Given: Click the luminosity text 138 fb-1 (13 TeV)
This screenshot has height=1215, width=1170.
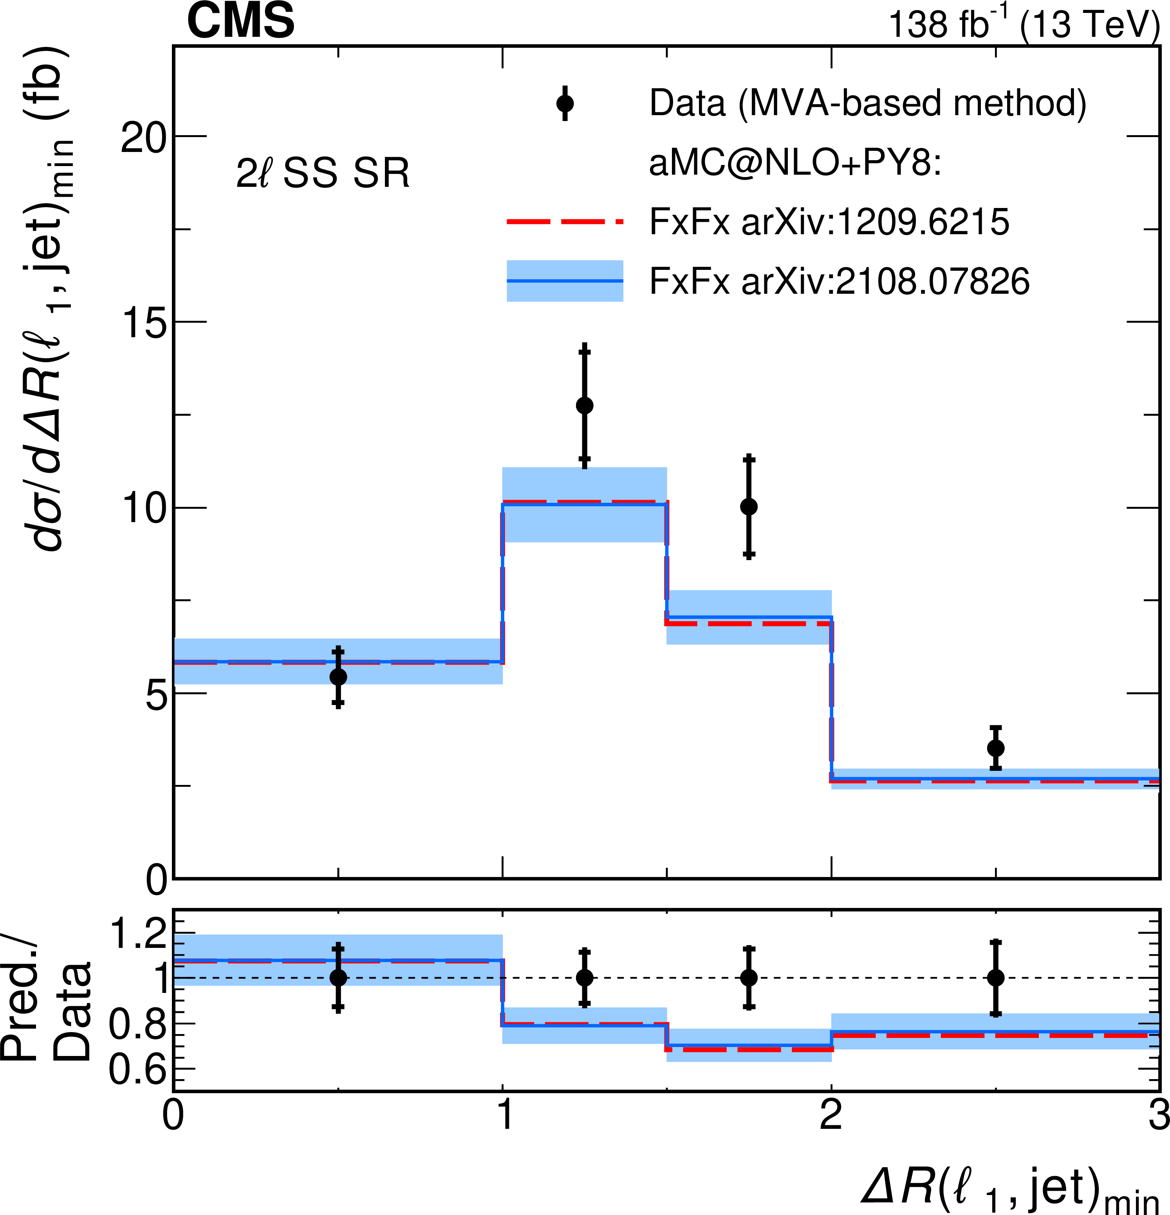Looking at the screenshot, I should [1023, 25].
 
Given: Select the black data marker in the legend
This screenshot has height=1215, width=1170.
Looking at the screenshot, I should [565, 103].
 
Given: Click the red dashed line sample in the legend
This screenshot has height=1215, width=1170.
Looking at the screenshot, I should [565, 221].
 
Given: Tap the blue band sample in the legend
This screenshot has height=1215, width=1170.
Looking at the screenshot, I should [565, 281].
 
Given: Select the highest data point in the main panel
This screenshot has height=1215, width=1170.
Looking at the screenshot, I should [584, 405].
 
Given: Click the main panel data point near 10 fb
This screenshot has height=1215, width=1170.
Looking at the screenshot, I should [749, 506].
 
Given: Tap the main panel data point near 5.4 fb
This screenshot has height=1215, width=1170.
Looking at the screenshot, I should [338, 676].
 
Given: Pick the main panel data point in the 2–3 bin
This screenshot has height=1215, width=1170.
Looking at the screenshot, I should [996, 748].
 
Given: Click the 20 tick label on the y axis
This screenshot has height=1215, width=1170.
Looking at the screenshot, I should [143, 137].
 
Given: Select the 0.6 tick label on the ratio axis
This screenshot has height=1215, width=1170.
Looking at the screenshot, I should [137, 1068].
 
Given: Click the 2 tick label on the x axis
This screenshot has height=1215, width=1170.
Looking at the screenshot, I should [831, 1116].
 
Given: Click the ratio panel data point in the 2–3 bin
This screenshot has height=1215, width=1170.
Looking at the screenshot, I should [996, 978].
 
